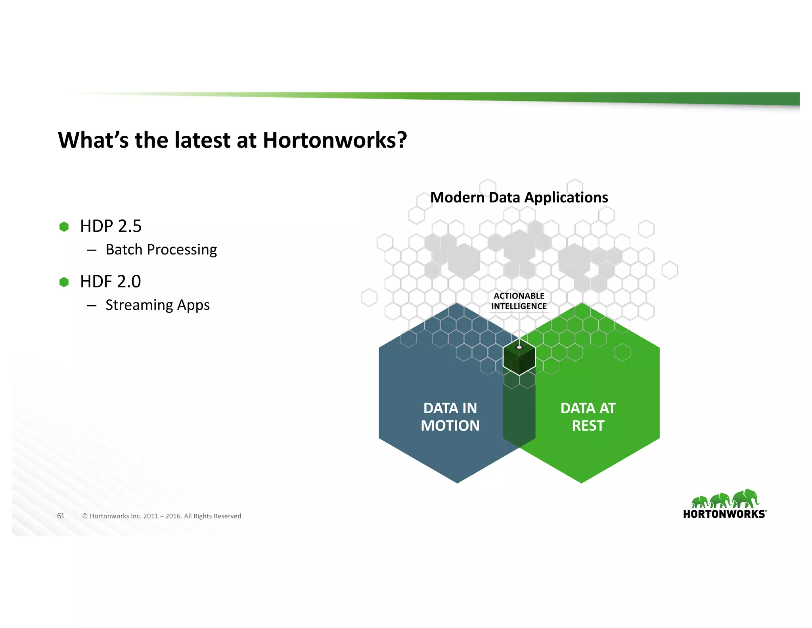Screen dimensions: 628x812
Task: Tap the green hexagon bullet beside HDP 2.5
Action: point(64,227)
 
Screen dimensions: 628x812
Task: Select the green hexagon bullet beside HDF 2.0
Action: point(64,282)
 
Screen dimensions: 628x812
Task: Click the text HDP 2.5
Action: point(111,226)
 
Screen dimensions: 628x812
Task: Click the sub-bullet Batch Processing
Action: point(161,250)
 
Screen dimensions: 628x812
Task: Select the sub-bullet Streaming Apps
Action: point(157,305)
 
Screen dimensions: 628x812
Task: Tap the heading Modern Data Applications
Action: point(519,198)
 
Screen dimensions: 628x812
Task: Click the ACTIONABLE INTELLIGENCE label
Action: point(519,301)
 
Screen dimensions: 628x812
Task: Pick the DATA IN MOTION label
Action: point(450,417)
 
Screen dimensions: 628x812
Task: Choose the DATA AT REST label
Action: point(588,417)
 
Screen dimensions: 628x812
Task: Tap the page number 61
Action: point(61,516)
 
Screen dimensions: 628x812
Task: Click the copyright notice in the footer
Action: point(161,516)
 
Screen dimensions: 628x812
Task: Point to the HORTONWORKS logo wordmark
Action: point(724,514)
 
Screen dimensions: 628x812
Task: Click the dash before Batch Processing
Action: point(92,250)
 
